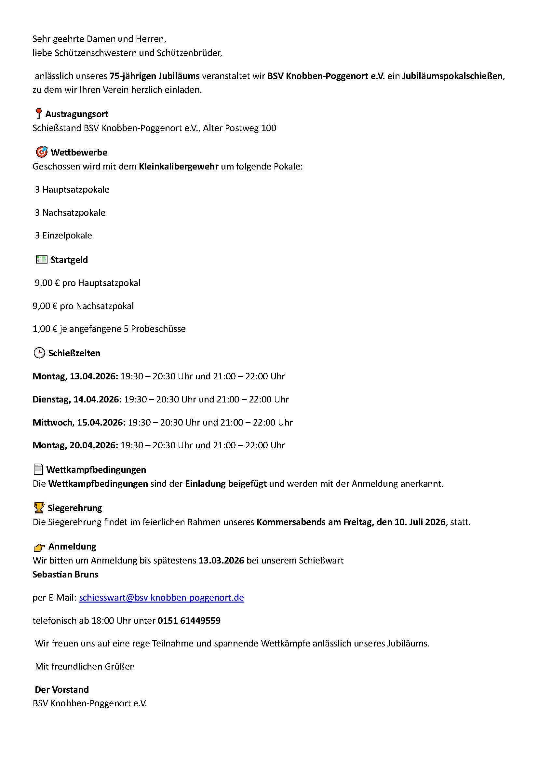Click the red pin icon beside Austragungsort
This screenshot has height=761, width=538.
(39, 114)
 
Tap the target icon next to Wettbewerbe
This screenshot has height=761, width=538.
(41, 152)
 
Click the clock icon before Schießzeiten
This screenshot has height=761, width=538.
(39, 353)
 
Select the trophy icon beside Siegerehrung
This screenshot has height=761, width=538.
(39, 508)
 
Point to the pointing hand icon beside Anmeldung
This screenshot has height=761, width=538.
(39, 547)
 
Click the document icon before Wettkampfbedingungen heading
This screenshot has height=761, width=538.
(38, 469)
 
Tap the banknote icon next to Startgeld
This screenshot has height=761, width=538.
(41, 260)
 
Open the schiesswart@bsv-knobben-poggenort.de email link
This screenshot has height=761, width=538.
(161, 598)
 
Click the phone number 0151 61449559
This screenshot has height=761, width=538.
(189, 620)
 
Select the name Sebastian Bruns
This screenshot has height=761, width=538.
(65, 574)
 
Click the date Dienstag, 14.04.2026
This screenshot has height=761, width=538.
(77, 400)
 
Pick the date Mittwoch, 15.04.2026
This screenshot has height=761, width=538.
(79, 422)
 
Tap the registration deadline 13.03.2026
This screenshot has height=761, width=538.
(221, 561)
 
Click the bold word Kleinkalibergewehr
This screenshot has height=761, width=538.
(179, 166)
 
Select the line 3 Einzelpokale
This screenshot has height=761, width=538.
(64, 236)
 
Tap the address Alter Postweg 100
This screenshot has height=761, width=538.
(239, 128)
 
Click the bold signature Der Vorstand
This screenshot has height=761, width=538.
(62, 689)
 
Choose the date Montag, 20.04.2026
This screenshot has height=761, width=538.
(75, 445)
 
